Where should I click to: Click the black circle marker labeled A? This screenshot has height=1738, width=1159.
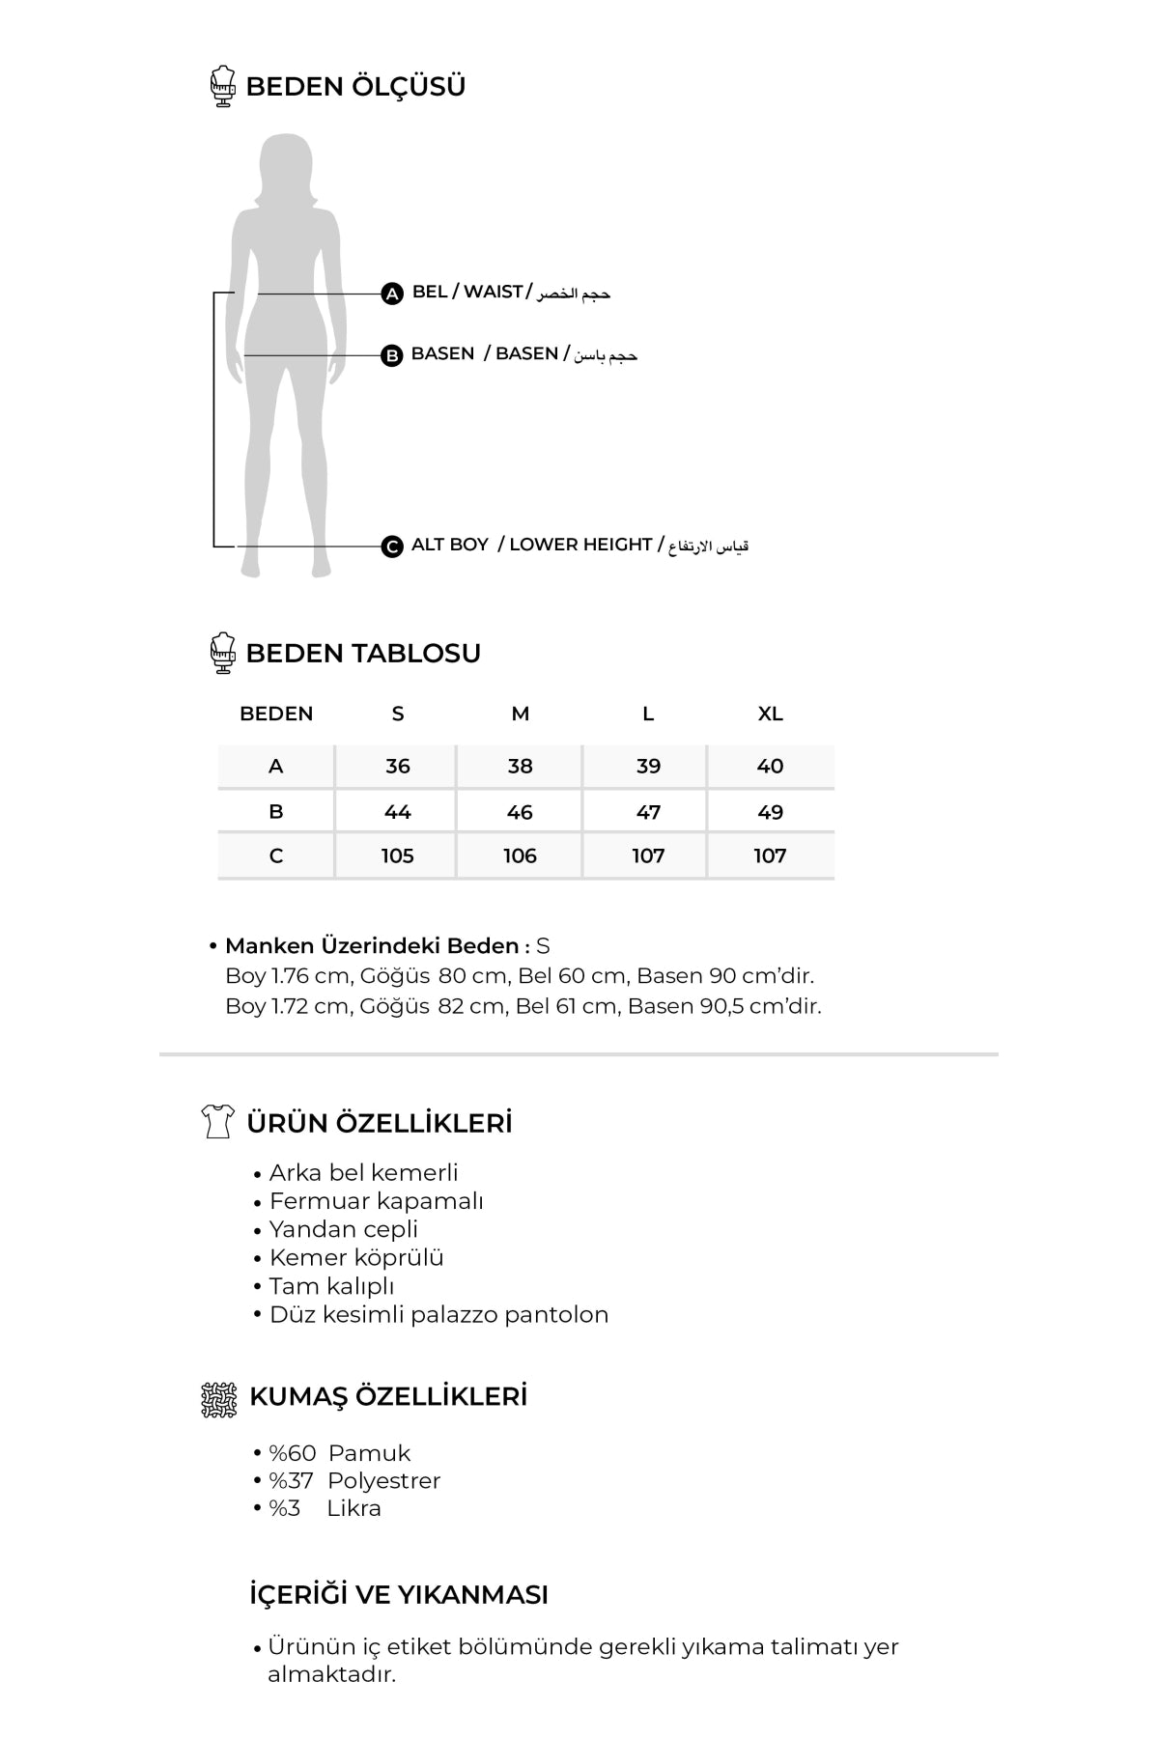pos(392,294)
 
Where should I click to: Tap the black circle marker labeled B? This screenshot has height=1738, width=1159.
pos(392,355)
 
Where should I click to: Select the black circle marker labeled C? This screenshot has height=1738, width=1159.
pos(392,547)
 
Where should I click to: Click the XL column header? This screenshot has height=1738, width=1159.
pos(770,714)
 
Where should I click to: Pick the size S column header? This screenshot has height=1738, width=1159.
pos(398,714)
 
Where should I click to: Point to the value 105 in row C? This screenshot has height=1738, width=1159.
pos(398,855)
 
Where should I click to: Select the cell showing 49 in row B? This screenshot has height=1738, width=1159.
pos(770,812)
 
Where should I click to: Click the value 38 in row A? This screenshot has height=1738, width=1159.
pos(520,766)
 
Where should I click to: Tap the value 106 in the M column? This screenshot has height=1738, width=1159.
pos(520,855)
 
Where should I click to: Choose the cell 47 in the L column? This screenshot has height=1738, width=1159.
pos(648,812)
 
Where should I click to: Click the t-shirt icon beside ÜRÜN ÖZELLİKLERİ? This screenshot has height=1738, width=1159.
pos(217,1121)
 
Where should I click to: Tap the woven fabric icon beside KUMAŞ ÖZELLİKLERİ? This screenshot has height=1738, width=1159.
pos(218,1399)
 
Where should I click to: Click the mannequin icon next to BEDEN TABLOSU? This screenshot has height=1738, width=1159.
pos(223,653)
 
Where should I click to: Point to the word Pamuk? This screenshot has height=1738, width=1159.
pos(369,1453)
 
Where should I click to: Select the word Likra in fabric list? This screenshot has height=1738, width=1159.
pos(353,1508)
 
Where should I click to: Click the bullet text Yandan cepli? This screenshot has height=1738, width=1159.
pos(344,1229)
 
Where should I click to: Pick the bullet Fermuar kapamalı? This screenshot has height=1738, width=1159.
pos(377,1201)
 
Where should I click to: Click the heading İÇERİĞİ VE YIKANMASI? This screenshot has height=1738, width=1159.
pos(399,1595)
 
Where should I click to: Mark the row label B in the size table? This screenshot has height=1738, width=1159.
pos(276,812)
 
